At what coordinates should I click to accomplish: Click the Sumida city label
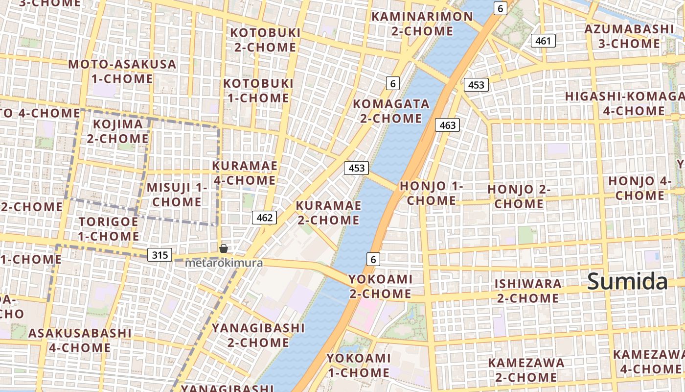627,282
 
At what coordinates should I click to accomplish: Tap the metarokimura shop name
224,263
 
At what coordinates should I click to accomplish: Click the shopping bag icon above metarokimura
224,248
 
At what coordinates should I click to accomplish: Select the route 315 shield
160,255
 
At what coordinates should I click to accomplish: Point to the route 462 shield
264,218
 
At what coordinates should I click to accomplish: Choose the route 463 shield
447,125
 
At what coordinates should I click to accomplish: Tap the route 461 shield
543,41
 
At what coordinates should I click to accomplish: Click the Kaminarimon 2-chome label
422,24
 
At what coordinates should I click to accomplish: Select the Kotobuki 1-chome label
258,91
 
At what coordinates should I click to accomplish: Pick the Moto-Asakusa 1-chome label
122,72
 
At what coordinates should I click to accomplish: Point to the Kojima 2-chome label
117,131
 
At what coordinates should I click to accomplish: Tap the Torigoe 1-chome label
109,229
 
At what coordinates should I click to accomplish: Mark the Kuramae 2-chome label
328,213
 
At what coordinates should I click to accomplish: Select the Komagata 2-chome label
390,111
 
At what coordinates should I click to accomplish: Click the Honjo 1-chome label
431,193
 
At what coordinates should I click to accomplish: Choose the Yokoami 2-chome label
380,286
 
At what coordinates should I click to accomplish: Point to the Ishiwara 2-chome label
527,291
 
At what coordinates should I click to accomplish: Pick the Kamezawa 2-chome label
526,370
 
